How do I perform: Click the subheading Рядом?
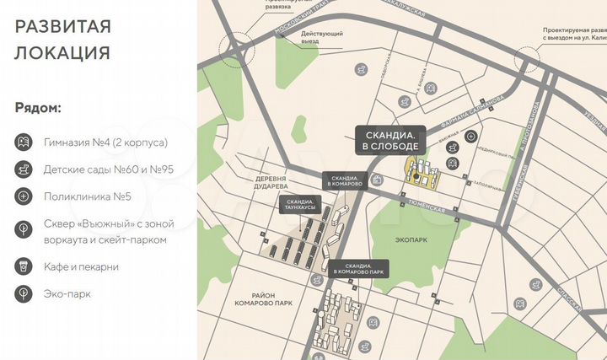pos(38,109)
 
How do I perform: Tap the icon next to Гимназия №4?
pos(24,142)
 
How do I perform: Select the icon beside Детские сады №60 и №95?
pos(24,169)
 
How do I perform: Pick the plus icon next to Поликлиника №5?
pos(24,197)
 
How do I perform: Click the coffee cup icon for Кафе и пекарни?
pos(24,266)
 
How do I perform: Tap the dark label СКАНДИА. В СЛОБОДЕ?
pos(390,140)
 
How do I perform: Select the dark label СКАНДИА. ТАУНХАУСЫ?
pos(299,206)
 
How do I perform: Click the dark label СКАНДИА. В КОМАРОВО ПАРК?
pos(358,269)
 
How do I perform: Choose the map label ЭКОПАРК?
pos(412,239)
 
